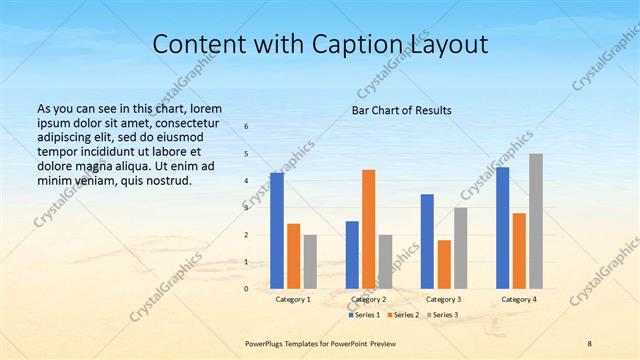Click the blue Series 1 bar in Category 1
pos(277,231)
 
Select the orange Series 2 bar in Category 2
pos(369,229)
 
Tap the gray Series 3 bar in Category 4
pos(536,221)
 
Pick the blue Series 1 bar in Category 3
pos(427,241)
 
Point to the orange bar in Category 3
pos(444,264)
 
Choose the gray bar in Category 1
pos(310,262)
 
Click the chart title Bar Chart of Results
pos(401,110)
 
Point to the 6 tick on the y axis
pos(247,127)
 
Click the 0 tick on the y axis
pos(247,289)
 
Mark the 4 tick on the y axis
pos(247,181)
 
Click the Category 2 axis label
pos(369,300)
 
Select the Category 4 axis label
pos(518,300)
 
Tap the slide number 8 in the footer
pos(589,343)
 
